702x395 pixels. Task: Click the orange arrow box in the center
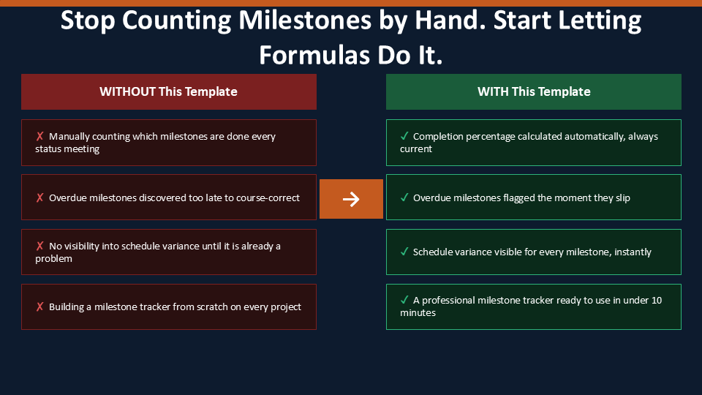coord(351,199)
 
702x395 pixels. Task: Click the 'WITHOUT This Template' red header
coord(169,92)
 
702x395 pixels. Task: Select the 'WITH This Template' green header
coord(534,92)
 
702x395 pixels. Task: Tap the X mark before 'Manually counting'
coord(39,136)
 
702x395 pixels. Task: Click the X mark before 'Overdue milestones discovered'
coord(39,197)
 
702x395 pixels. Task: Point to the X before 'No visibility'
coord(39,246)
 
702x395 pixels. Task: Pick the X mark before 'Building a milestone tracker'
coord(39,306)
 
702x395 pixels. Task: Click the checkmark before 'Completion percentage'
coord(404,136)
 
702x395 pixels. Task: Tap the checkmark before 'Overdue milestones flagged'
coord(404,197)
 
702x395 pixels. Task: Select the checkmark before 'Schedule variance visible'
coord(404,252)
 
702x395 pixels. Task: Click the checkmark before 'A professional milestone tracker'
coord(404,300)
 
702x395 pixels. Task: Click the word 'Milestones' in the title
coord(305,20)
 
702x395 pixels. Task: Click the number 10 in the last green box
coord(657,300)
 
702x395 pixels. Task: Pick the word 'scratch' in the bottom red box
coord(212,306)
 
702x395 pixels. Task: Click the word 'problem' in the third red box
coord(53,259)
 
